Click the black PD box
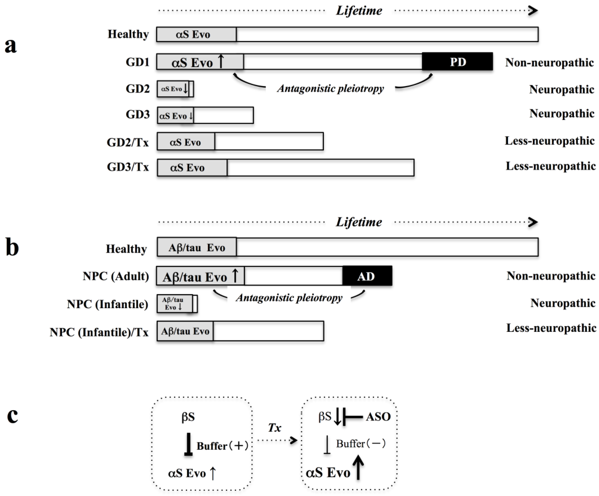[457, 62]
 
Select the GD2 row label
[138, 89]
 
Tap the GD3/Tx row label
[128, 167]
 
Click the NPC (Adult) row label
[116, 276]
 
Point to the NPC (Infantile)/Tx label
[99, 332]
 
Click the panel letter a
[11, 46]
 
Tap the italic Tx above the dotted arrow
[274, 427]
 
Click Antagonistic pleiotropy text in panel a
[330, 88]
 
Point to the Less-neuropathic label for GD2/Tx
[549, 141]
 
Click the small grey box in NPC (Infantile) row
[175, 304]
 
